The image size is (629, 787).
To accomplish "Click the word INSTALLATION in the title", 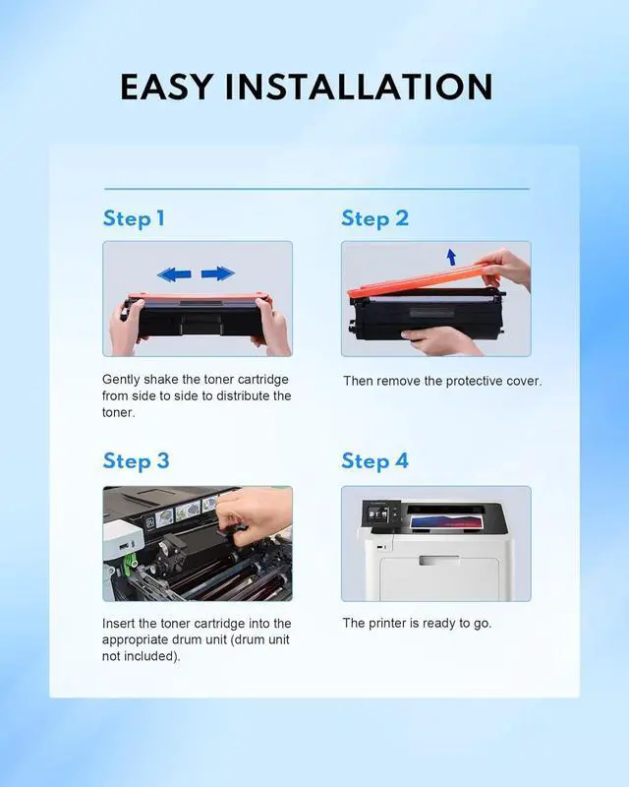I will point(359,87).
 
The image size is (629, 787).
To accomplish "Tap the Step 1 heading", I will point(134,217).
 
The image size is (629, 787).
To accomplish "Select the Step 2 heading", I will point(374,217).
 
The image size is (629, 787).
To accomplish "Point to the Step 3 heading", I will point(136,460).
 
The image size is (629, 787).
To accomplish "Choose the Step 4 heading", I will point(374,460).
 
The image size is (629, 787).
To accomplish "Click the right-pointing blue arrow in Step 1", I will point(218,273).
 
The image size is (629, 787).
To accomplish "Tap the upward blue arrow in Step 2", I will point(451,257).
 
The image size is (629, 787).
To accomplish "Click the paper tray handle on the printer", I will point(438,561).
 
